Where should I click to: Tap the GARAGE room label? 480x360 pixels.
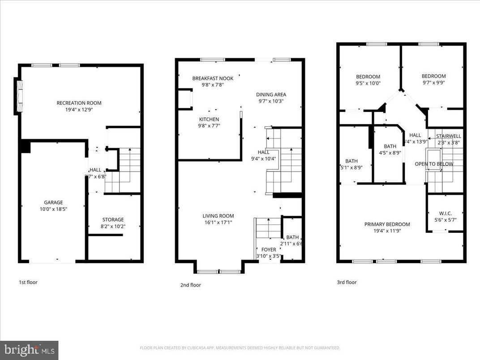(53, 202)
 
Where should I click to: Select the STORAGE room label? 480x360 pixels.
(113, 219)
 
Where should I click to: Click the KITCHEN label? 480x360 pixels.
(209, 119)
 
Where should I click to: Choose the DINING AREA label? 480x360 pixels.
(271, 94)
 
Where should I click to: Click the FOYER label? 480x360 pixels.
(269, 250)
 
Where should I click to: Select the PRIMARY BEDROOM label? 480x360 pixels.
(387, 224)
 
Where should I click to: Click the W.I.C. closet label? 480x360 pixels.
(445, 213)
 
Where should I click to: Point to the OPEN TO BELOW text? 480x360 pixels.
(434, 164)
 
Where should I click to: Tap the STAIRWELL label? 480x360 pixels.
(449, 136)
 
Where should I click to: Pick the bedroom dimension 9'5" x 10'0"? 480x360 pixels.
(368, 83)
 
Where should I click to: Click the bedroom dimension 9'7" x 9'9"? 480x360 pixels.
(433, 82)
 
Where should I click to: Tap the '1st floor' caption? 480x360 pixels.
(28, 282)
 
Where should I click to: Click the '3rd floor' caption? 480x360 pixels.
(347, 282)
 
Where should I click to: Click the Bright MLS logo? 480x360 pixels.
(29, 350)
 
